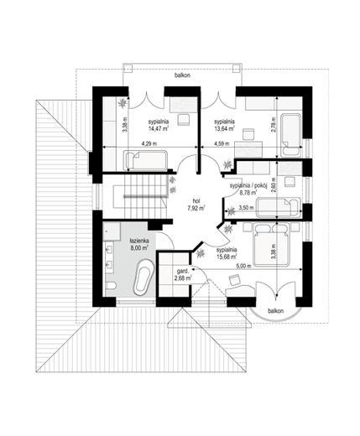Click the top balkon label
182,75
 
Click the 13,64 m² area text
224,129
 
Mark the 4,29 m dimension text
148,143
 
